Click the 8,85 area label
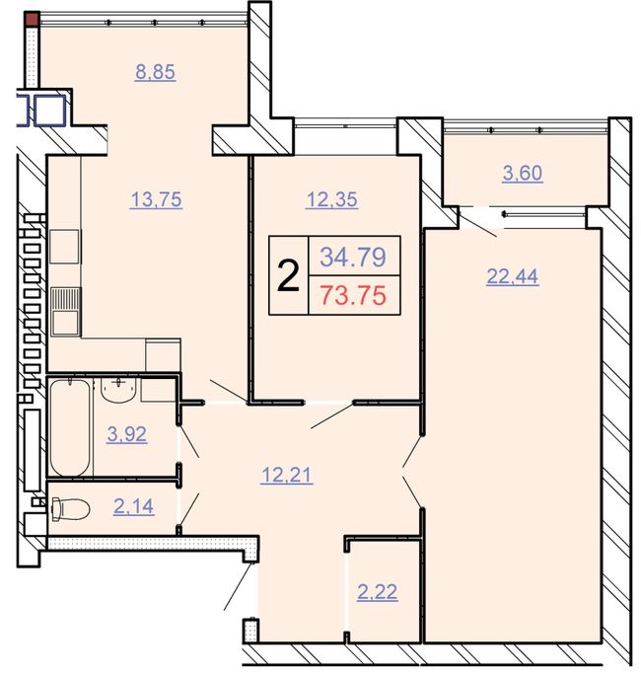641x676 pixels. pos(155,72)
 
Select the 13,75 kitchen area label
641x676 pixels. pos(156,199)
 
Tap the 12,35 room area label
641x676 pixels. pos(331,199)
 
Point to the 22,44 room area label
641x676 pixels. pos(512,276)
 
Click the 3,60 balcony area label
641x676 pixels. pos(523,174)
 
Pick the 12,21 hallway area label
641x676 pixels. pos(286,476)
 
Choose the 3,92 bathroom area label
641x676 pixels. pos(127,434)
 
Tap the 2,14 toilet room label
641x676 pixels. pos(133,506)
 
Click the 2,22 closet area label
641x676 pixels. pos(377,592)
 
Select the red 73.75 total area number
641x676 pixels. pos(354,296)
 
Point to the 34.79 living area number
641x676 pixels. pos(353,257)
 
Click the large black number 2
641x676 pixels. pos(288,276)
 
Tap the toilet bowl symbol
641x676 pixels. pos(70,508)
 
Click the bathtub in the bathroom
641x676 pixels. pos(70,427)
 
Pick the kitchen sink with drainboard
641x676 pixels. pos(65,312)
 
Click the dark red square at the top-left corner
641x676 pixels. pos(33,20)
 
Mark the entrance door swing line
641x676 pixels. pos(237,587)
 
